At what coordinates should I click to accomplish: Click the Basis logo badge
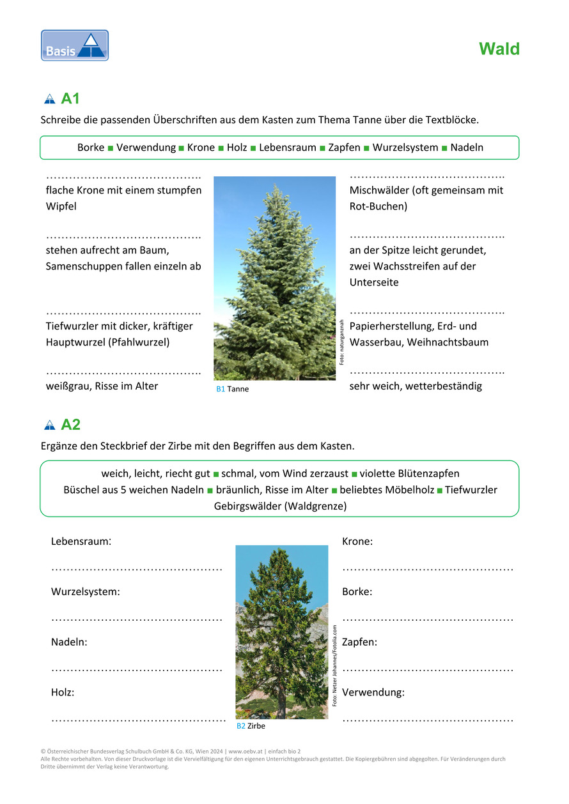[x=75, y=45]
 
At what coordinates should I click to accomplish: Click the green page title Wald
[x=499, y=49]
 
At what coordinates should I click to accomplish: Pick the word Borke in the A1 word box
[x=91, y=148]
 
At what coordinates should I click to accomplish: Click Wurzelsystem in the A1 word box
[x=405, y=148]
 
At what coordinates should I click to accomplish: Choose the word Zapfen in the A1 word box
[x=344, y=148]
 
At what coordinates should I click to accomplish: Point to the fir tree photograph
[x=274, y=278]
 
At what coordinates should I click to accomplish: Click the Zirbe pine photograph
[x=281, y=632]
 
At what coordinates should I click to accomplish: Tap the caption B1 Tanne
[x=232, y=389]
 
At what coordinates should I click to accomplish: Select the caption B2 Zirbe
[x=251, y=726]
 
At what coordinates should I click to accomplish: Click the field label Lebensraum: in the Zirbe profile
[x=81, y=542]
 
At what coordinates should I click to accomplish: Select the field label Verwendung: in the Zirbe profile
[x=373, y=692]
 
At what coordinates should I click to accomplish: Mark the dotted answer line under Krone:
[x=428, y=568]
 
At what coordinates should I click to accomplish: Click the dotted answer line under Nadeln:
[x=137, y=669]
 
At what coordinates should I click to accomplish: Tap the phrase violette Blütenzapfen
[x=409, y=474]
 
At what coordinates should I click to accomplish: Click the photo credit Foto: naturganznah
[x=341, y=342]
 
